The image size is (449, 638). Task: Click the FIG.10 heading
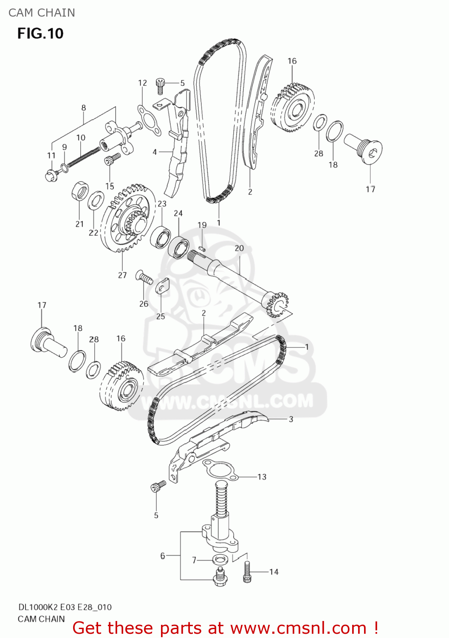tap(40, 33)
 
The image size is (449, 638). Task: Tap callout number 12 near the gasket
tap(142, 83)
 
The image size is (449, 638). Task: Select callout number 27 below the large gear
tap(122, 275)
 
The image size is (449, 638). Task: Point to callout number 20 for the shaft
tap(239, 248)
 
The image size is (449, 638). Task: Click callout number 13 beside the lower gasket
tap(262, 477)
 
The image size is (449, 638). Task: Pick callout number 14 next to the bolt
tap(274, 572)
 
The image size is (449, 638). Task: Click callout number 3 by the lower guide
tap(291, 419)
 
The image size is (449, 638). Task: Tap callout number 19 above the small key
tap(202, 225)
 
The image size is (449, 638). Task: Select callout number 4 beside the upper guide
tap(155, 152)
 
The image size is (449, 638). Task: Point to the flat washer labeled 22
tap(96, 201)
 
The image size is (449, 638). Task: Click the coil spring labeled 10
tap(83, 157)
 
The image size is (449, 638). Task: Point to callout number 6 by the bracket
tap(163, 555)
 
